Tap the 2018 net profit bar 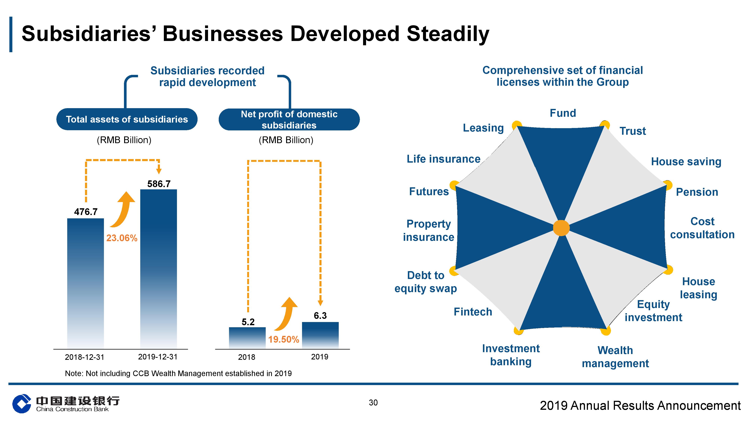[x=247, y=338]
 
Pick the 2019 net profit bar [x=320, y=335]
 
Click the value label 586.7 [x=159, y=184]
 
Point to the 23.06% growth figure [x=122, y=238]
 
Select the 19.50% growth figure [x=283, y=339]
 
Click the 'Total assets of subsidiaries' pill [x=127, y=119]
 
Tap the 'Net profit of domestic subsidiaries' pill [x=289, y=119]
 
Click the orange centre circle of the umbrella [x=561, y=228]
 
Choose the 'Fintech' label [x=473, y=312]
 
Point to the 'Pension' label [x=697, y=192]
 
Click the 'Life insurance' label [x=443, y=159]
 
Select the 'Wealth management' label [x=615, y=357]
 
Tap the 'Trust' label [x=633, y=131]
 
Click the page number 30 [x=373, y=403]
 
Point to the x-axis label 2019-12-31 [x=158, y=357]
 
